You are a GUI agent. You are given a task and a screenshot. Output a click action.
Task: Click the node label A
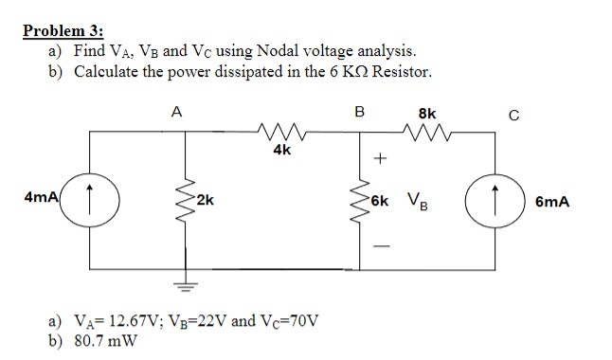coord(177,111)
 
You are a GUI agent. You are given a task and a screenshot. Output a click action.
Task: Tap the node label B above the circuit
coord(359,111)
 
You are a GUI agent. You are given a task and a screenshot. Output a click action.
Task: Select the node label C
coord(513,117)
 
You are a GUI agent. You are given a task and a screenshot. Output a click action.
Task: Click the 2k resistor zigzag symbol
coord(178,201)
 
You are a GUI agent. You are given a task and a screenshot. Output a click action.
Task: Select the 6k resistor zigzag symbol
coord(360,201)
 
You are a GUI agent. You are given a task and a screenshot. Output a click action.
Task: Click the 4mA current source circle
coord(92,201)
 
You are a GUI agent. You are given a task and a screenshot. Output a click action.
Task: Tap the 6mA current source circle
coord(495,201)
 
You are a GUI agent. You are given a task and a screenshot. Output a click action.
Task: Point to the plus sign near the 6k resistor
coord(382,160)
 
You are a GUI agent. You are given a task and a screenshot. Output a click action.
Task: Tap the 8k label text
coord(427,113)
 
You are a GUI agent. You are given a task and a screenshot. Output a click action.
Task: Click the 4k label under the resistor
coord(281,150)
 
